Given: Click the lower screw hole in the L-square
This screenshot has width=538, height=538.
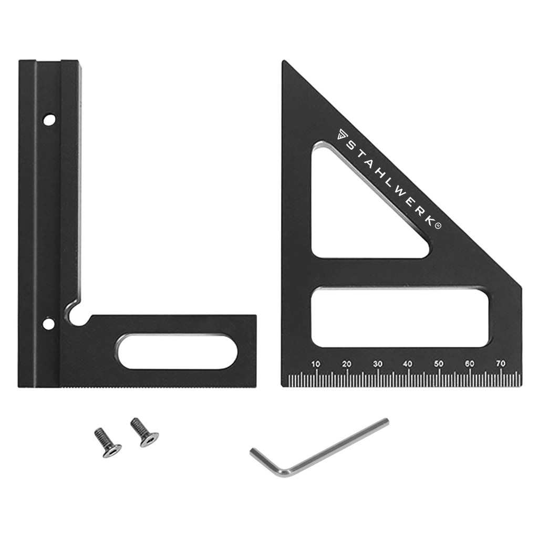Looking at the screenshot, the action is tap(49, 323).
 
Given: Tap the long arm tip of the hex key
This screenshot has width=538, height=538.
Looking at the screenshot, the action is tap(386, 422).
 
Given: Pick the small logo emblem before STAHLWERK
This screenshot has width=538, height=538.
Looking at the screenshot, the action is tap(340, 133).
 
